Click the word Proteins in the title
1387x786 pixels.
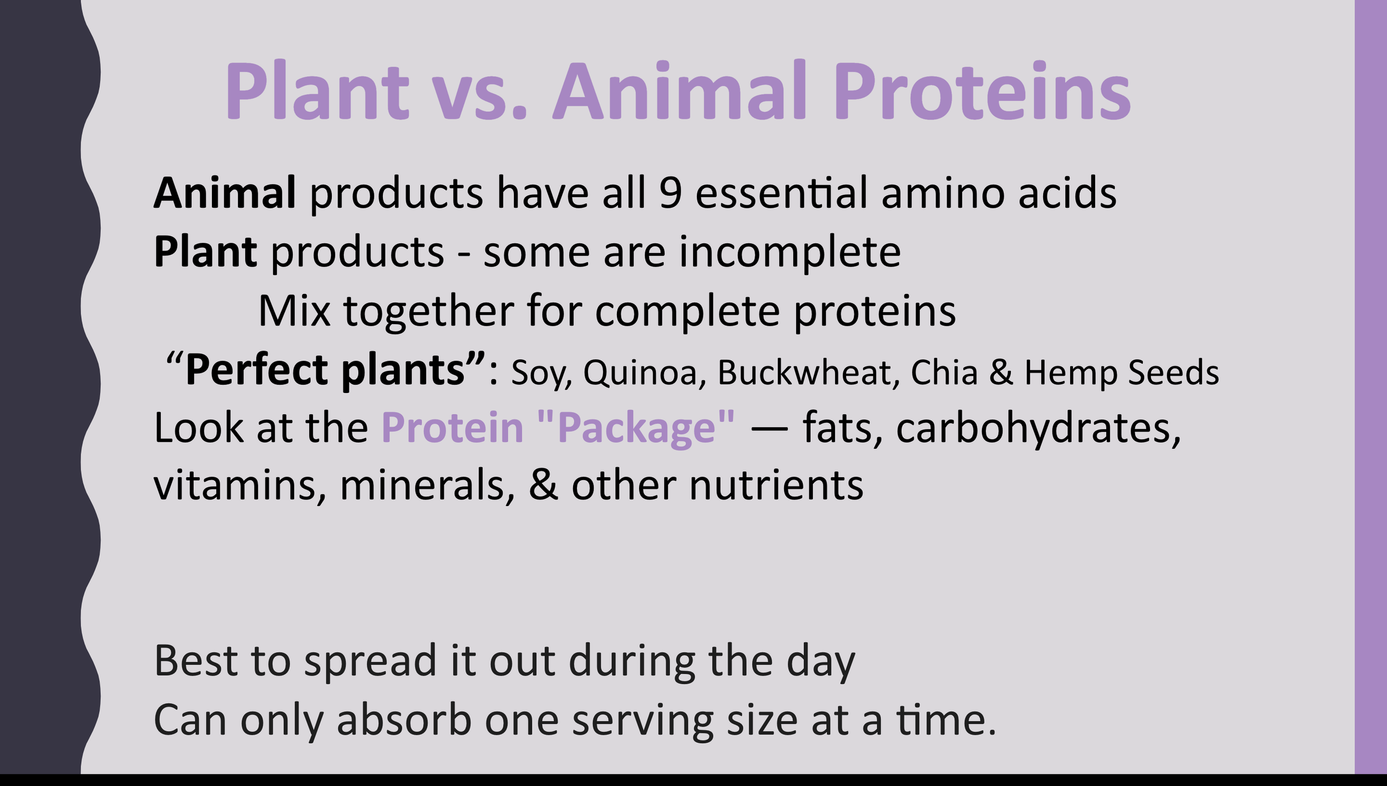pos(983,90)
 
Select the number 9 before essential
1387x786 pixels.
pos(671,193)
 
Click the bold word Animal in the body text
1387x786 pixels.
pos(225,193)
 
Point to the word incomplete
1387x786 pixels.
pos(790,253)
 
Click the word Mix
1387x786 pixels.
pos(295,311)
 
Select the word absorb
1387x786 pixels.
pos(404,720)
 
